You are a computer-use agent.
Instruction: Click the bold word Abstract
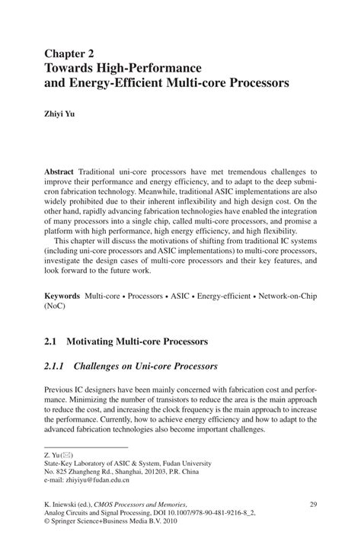61,174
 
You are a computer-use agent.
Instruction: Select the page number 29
312,504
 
